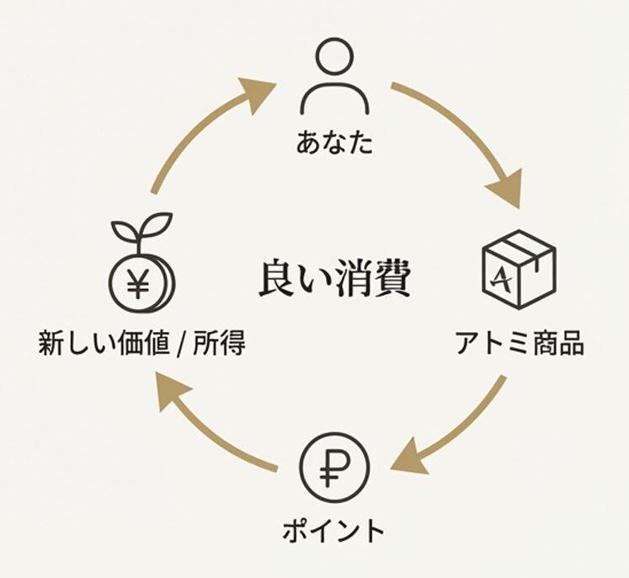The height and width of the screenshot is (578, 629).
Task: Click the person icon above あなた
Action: coord(334,77)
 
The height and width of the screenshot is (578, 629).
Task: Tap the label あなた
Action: coord(334,142)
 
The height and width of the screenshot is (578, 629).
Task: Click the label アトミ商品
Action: coord(519,344)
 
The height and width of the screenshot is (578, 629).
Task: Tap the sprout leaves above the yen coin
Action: coord(141,227)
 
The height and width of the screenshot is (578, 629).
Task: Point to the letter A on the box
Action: coord(505,279)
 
